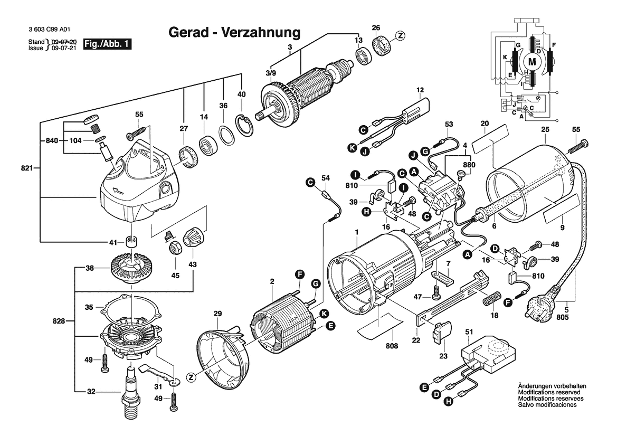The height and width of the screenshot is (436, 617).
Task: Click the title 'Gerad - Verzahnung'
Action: [234, 32]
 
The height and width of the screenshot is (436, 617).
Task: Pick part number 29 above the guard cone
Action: [217, 314]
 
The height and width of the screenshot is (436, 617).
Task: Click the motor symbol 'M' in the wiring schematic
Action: [532, 62]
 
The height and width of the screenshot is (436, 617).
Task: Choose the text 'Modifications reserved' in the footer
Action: [549, 393]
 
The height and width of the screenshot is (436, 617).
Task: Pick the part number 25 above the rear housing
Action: [545, 129]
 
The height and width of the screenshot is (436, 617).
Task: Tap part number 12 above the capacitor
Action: [420, 90]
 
